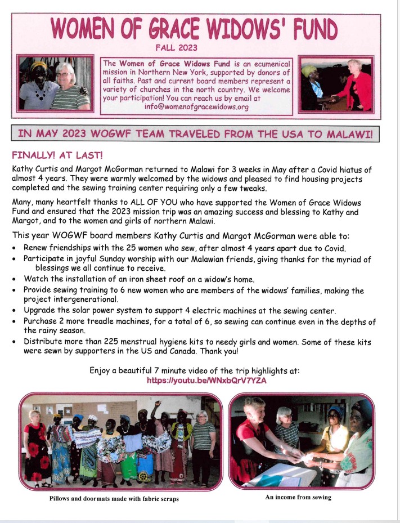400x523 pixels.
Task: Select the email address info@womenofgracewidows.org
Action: [195, 106]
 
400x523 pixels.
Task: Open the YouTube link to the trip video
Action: [206, 381]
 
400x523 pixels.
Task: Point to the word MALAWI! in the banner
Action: [345, 133]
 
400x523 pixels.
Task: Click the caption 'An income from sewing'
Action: [298, 497]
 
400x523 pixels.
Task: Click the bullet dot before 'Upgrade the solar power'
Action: [15, 311]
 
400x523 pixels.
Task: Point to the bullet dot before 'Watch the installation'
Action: [15, 279]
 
